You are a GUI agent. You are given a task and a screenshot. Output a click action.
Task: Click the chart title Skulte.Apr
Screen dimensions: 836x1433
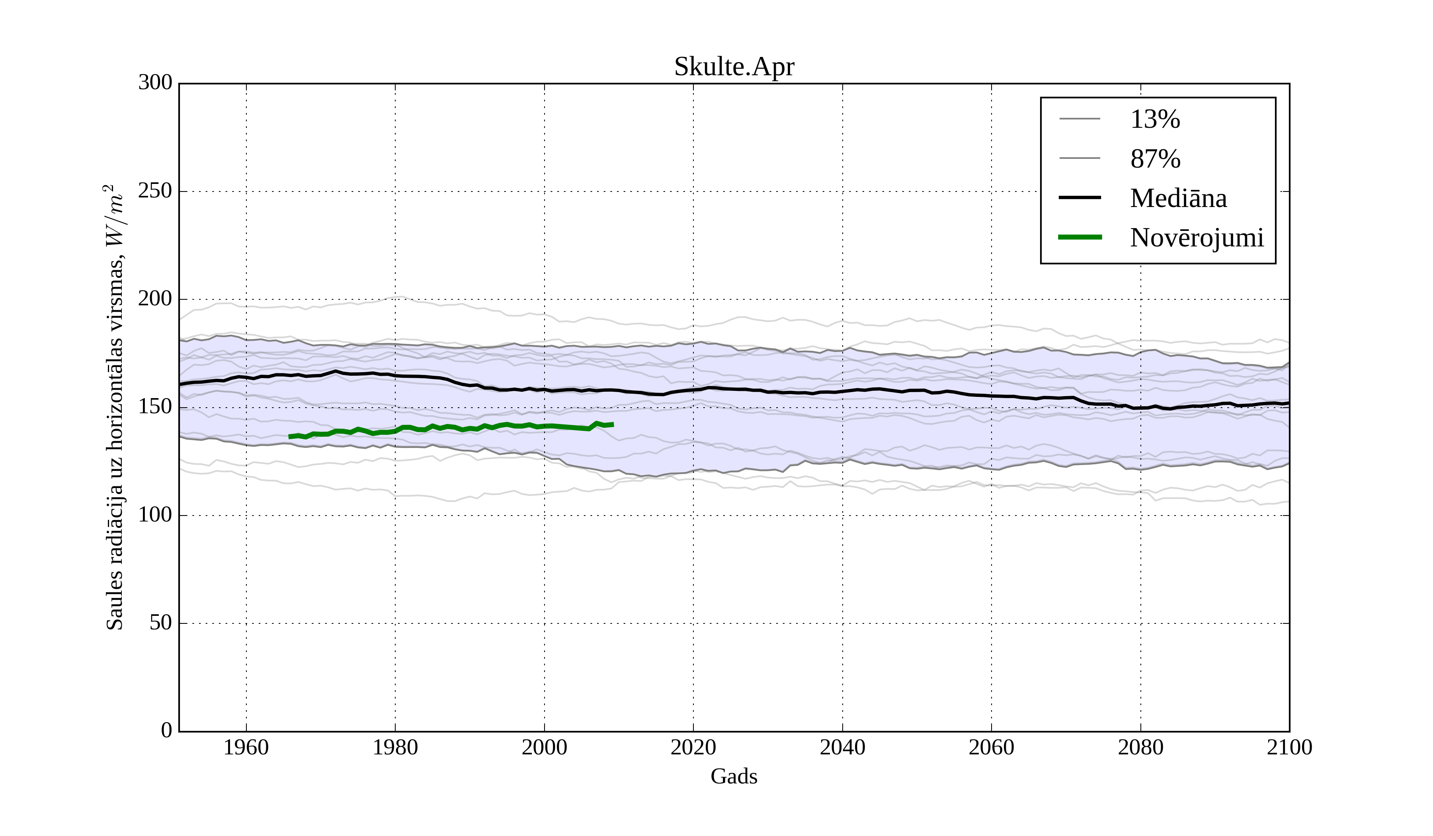point(734,67)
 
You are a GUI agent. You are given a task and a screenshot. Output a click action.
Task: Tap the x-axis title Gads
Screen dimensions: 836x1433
point(734,776)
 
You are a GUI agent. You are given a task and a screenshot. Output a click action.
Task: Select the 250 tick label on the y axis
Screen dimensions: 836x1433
point(155,191)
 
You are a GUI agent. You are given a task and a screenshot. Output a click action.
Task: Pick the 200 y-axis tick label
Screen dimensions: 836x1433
point(155,299)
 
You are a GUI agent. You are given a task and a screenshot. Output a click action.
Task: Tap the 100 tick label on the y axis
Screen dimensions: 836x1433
point(155,515)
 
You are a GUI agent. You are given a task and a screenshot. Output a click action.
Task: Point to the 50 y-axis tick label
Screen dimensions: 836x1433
point(161,623)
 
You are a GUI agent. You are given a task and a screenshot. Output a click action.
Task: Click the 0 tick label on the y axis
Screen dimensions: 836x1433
point(167,730)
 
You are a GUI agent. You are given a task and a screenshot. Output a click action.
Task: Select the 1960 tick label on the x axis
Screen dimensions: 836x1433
point(246,747)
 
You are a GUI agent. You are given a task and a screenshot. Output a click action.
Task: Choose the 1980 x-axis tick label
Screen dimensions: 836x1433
point(395,747)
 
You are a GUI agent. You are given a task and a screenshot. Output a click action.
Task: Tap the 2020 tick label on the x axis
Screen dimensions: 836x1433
point(693,747)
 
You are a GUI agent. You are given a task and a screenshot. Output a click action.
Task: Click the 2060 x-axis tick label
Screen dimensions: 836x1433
point(991,747)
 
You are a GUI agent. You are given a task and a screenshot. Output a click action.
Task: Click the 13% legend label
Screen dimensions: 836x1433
point(1155,119)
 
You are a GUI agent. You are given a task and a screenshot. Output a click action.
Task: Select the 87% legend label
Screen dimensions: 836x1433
point(1155,159)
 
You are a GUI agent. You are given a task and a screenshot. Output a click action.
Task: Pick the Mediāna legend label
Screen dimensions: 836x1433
point(1178,198)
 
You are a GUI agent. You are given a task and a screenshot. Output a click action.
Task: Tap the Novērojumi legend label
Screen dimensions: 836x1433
point(1197,238)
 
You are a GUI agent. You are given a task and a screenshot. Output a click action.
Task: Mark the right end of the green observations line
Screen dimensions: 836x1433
point(613,424)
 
